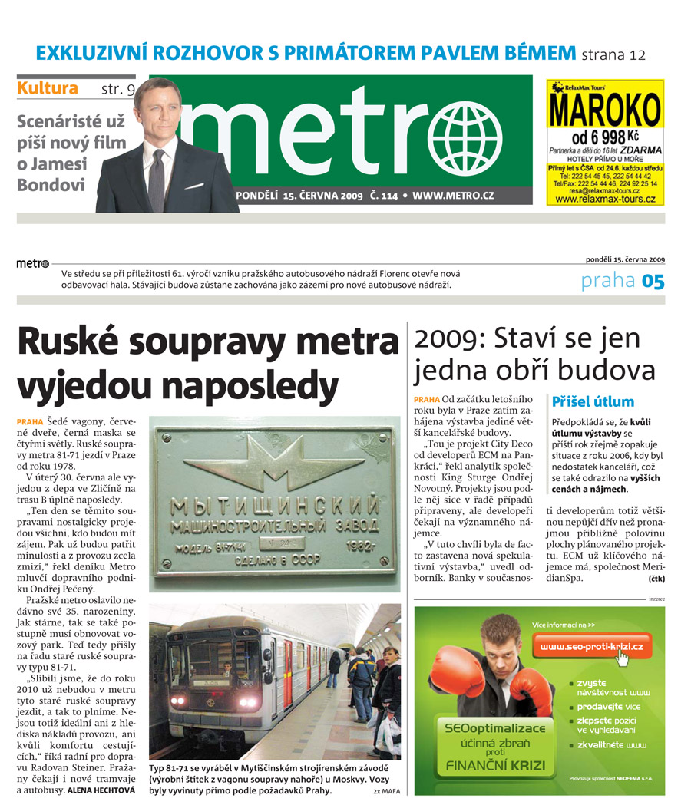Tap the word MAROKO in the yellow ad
coord(605,111)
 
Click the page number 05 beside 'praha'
coord(653,282)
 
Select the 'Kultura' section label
coord(48,88)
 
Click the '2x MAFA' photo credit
coord(387,790)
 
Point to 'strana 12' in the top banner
coord(613,54)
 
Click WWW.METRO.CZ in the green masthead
coord(453,196)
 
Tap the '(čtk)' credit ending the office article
coord(656,578)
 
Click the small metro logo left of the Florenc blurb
coord(32,264)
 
